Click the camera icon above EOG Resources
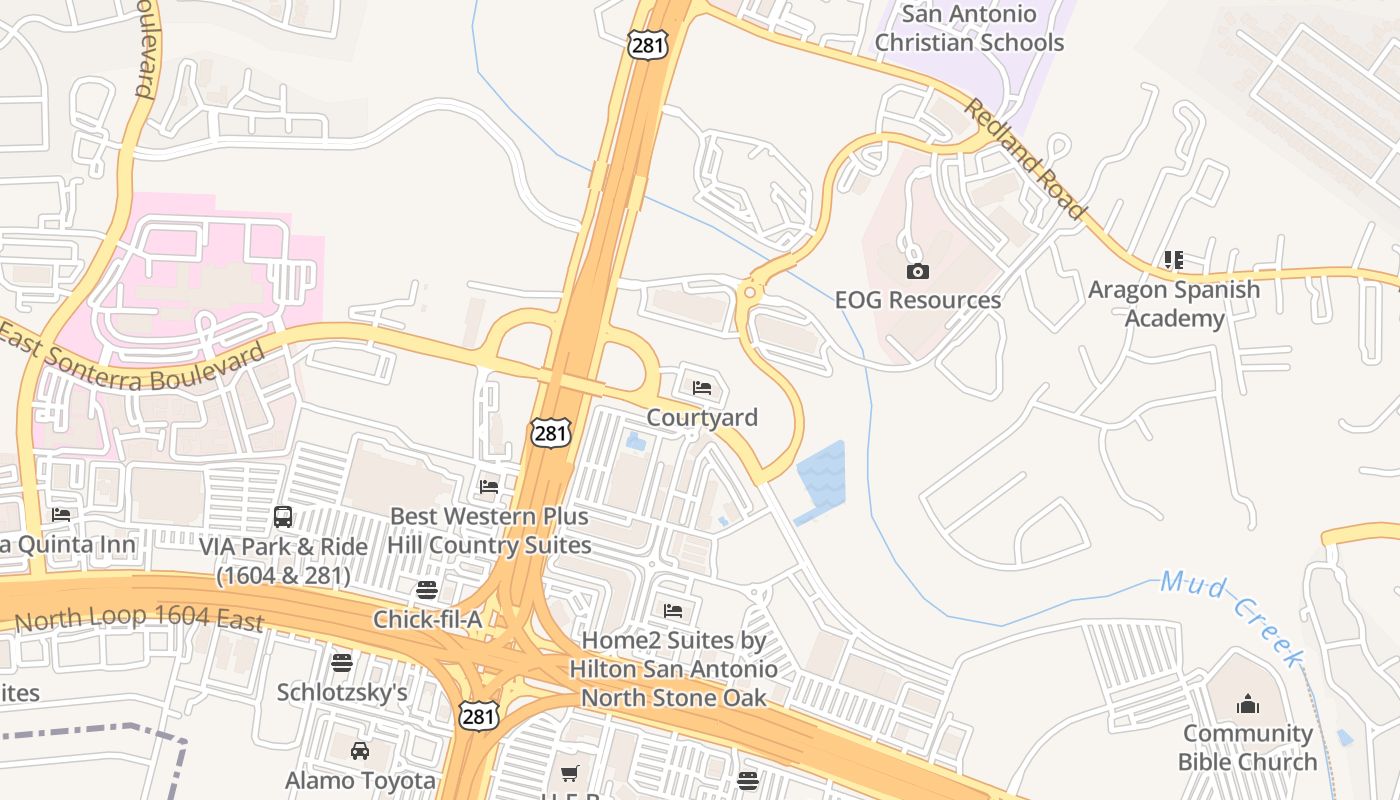pyautogui.click(x=917, y=271)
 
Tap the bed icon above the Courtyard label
pyautogui.click(x=702, y=387)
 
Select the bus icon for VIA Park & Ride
pyautogui.click(x=283, y=517)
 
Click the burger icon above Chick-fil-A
pyautogui.click(x=427, y=590)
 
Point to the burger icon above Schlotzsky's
pyautogui.click(x=342, y=662)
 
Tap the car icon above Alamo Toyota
pyautogui.click(x=360, y=750)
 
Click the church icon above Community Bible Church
pyautogui.click(x=1247, y=704)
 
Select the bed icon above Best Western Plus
pyautogui.click(x=489, y=486)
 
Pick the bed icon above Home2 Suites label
pyautogui.click(x=673, y=610)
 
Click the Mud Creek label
pyautogui.click(x=1232, y=617)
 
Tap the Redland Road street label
pyautogui.click(x=1024, y=158)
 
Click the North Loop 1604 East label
pyautogui.click(x=139, y=619)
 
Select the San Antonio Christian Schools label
pyautogui.click(x=968, y=29)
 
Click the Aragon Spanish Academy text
pyautogui.click(x=1173, y=304)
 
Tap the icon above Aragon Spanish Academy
pyautogui.click(x=1174, y=260)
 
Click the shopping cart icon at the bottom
pyautogui.click(x=570, y=773)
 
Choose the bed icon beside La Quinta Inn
pyautogui.click(x=61, y=514)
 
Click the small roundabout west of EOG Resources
pyautogui.click(x=749, y=293)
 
